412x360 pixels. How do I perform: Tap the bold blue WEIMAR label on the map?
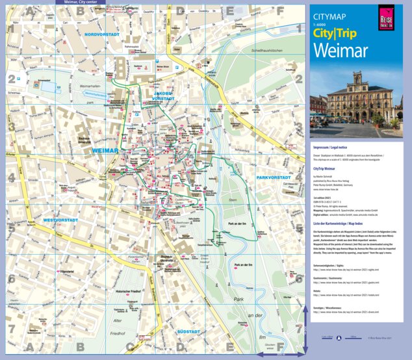[106, 151]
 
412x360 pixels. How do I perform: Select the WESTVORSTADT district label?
[47, 220]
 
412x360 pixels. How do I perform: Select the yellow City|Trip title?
[338, 32]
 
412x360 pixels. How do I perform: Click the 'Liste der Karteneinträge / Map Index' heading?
[342, 224]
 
